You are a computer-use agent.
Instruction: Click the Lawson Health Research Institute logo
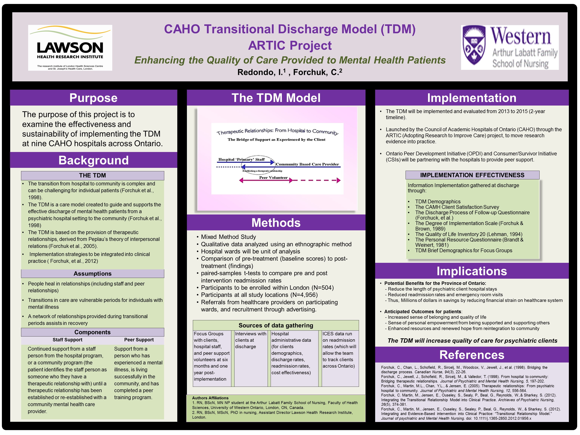[70, 48]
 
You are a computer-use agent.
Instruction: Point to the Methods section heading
[276, 223]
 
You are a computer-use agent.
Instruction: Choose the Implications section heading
[471, 271]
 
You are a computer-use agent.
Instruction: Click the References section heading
[471, 355]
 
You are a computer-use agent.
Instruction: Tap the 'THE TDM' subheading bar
[93, 175]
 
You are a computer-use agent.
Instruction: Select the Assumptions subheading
[93, 274]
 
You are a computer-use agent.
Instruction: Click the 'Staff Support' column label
[67, 340]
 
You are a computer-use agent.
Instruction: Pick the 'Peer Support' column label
[139, 340]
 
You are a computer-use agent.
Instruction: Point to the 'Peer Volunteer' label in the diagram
[273, 177]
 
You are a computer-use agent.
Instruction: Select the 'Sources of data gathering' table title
[276, 325]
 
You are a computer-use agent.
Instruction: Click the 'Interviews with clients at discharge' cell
[250, 340]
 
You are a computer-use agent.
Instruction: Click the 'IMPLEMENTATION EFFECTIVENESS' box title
[472, 175]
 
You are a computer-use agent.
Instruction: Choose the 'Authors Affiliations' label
[210, 398]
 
